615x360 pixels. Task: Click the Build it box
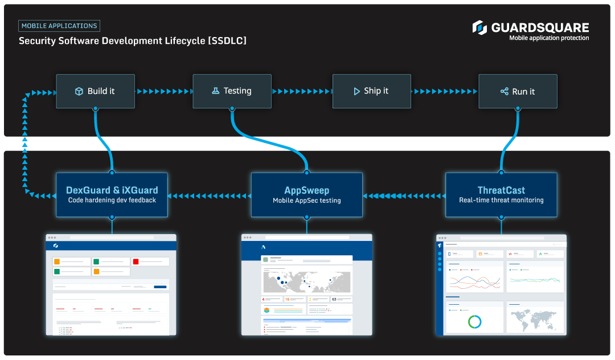95,91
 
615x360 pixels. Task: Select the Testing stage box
231,91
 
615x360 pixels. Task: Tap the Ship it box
371,91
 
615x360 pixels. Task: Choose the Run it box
518,91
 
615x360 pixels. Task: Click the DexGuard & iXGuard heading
112,190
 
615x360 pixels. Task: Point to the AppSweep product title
306,190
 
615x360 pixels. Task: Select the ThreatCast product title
501,190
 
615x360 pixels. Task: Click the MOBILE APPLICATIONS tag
59,26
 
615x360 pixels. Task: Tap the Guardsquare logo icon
479,27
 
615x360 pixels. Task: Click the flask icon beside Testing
216,91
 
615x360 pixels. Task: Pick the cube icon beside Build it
79,91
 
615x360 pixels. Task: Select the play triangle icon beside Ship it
356,91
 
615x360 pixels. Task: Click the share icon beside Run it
504,91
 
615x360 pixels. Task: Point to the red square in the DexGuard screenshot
135,261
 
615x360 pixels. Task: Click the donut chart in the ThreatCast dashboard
474,322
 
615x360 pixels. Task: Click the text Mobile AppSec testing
306,201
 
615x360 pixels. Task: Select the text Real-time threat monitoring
501,201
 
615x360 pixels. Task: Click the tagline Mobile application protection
549,38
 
